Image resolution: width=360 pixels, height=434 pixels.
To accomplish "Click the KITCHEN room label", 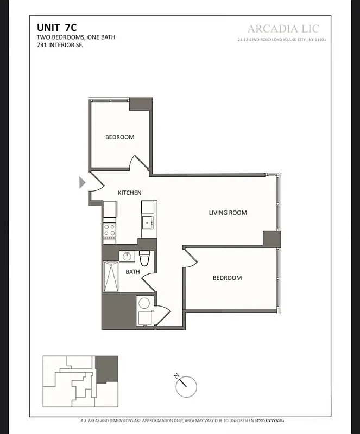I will click(x=130, y=193).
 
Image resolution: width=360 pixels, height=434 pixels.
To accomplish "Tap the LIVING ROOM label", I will click(x=228, y=213).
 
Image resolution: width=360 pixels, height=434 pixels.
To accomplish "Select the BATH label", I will click(x=133, y=272).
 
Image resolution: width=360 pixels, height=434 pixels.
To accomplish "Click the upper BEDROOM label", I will click(x=119, y=137).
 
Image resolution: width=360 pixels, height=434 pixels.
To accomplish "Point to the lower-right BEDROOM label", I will click(x=227, y=278).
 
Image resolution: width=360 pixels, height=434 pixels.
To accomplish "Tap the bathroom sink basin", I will click(x=127, y=256).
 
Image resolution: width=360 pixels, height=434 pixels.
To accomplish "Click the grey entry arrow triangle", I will click(x=82, y=182).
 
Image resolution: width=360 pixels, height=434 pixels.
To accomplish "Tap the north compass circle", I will click(x=186, y=386).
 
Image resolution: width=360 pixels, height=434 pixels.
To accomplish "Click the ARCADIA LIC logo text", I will click(x=283, y=29).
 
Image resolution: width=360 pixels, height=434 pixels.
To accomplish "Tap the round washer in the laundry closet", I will click(x=144, y=303).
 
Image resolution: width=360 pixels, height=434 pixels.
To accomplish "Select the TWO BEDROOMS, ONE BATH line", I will click(x=76, y=37).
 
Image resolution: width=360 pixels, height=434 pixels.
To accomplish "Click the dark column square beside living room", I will click(x=271, y=238).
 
